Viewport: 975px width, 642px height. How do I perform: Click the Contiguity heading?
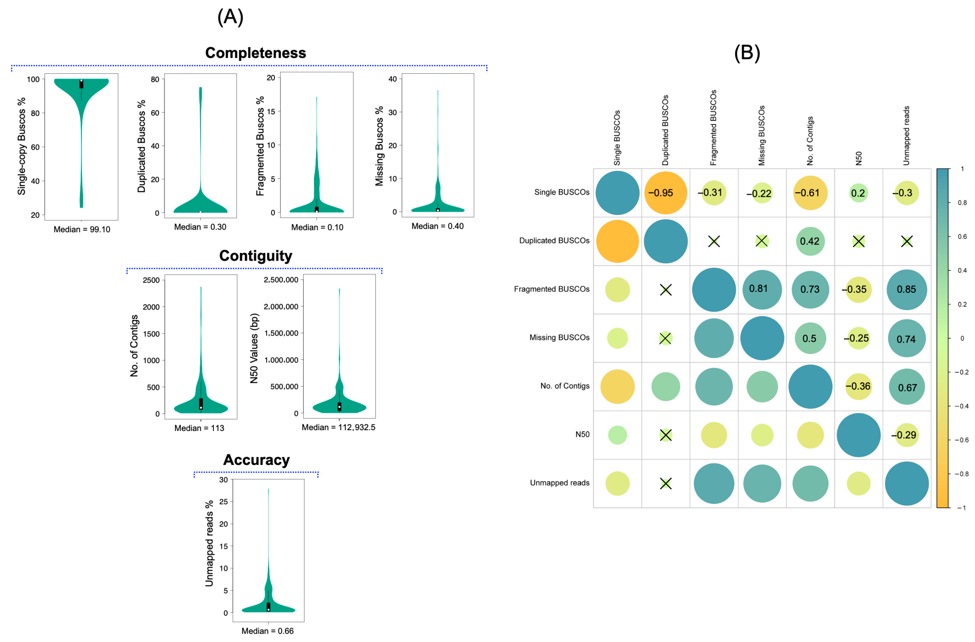pos(256,256)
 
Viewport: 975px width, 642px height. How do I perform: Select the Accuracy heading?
pos(256,460)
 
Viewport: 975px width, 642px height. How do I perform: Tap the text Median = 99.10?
pos(82,229)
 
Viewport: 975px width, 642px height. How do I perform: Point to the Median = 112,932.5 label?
pos(338,427)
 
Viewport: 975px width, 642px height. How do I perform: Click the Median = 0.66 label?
pos(267,631)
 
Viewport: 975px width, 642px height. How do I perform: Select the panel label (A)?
pos(230,17)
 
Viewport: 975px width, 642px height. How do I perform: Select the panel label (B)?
pos(747,53)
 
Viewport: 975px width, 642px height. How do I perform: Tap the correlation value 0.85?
pos(906,290)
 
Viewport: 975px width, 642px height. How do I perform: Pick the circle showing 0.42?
pos(810,241)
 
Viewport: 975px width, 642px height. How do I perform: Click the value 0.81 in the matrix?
pos(758,289)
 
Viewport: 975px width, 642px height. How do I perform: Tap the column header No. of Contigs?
pos(810,141)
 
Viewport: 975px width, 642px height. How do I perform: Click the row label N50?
pos(582,434)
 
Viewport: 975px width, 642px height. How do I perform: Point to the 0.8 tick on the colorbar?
pos(962,202)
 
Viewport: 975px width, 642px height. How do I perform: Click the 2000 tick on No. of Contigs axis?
pos(151,307)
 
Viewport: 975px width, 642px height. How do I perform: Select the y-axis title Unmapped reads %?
pos(209,543)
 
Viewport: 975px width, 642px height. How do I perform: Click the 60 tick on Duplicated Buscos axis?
pos(155,113)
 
